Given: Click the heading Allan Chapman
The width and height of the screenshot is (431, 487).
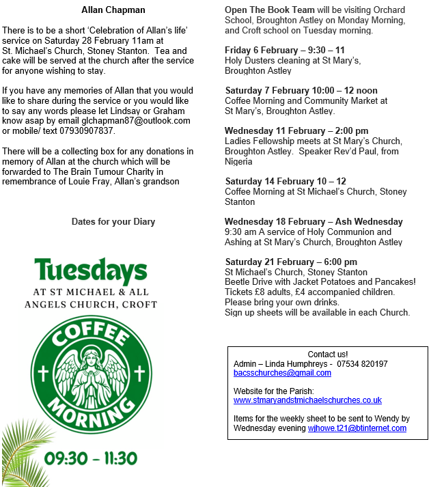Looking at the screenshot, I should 113,10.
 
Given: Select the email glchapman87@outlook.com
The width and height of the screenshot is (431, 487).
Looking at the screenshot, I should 135,120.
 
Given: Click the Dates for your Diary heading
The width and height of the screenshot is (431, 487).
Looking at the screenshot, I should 113,221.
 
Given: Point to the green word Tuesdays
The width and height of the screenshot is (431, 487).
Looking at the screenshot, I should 90,271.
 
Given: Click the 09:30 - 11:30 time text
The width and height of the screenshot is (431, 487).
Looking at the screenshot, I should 91,458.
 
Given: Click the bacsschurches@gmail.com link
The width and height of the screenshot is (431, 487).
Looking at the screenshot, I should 282,373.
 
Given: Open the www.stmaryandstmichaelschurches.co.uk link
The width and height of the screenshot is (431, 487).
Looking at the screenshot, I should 307,400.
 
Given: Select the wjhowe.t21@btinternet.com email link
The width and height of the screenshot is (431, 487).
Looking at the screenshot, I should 357,428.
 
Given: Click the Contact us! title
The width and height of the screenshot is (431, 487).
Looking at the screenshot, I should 328,354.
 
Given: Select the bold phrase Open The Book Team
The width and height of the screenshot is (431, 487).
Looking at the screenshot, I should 270,10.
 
